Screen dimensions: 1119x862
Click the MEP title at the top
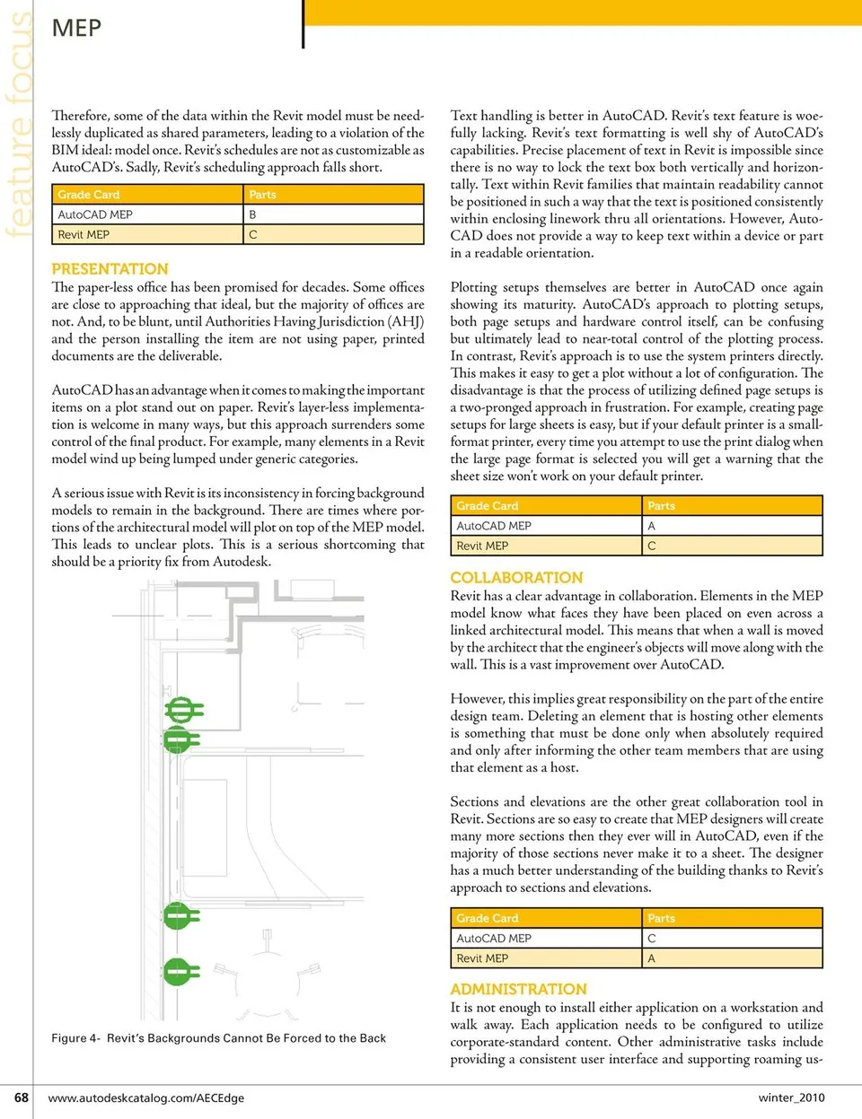click(76, 28)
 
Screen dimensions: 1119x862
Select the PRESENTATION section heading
click(110, 268)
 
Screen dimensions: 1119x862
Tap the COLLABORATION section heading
click(516, 577)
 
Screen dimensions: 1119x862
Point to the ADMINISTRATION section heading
click(518, 989)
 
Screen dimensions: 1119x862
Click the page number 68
click(22, 1097)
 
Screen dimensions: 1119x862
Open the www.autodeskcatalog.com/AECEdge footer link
click(145, 1097)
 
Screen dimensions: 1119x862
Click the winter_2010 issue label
click(791, 1097)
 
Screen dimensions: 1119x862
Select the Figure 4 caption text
click(218, 1038)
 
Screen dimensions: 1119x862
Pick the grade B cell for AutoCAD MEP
click(253, 214)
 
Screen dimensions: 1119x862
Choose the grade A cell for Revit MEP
click(652, 958)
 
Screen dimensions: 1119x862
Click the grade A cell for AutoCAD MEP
click(652, 526)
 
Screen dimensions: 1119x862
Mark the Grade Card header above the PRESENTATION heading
click(88, 195)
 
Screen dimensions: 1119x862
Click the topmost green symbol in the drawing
click(182, 710)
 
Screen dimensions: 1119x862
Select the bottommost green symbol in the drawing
click(180, 971)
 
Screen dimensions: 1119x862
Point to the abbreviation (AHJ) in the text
click(405, 321)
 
